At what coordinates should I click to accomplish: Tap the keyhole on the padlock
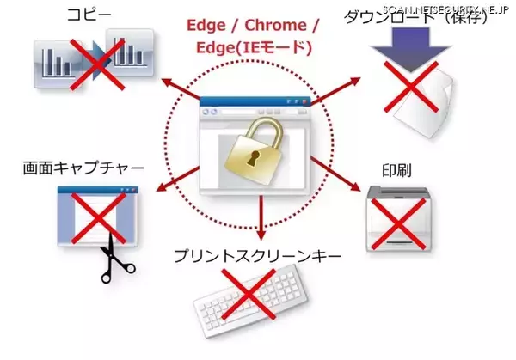coord(252,161)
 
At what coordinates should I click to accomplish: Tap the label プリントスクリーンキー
coord(257,256)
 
